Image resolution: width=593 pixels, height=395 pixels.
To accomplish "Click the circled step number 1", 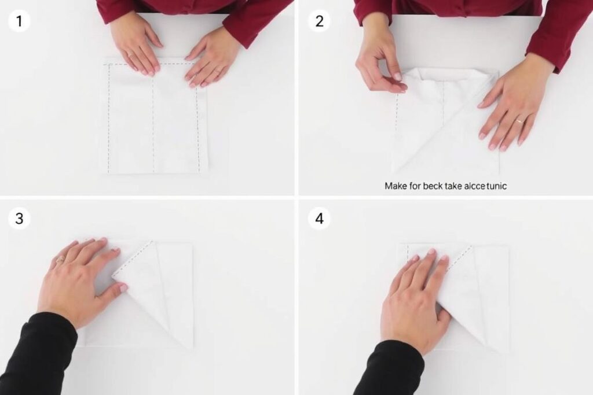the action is click(x=19, y=21).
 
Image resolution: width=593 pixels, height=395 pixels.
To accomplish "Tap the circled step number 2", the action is click(x=319, y=21).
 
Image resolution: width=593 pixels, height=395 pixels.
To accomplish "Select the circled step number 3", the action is click(x=19, y=218).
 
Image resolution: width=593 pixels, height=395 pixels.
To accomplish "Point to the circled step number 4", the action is click(x=319, y=218).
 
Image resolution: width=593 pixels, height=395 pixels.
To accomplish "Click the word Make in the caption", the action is click(x=396, y=186).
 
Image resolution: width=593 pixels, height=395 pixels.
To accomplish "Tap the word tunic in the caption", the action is click(x=496, y=186).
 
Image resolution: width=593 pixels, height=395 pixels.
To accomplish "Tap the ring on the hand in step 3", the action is click(x=60, y=260).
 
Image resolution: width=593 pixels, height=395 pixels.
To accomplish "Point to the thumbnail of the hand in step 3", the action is click(x=123, y=288).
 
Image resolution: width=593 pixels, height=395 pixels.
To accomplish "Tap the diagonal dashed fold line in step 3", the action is click(x=133, y=259).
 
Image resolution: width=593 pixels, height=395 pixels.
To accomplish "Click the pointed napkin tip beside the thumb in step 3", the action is click(x=113, y=277).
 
